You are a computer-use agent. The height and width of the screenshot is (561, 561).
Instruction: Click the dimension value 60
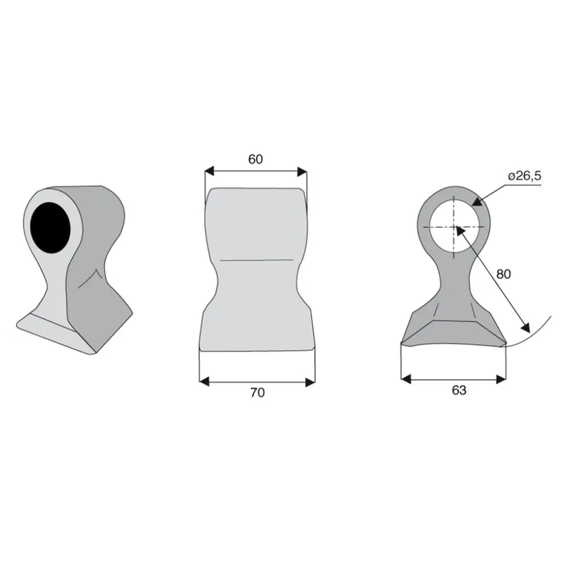pos(255,159)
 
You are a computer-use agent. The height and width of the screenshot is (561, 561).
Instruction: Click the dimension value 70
pos(257,393)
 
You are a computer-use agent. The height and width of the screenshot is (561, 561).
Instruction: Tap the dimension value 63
pos(459,390)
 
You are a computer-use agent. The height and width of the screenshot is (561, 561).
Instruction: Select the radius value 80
pos(503,274)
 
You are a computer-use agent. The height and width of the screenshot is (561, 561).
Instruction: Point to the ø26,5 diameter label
pos(525,176)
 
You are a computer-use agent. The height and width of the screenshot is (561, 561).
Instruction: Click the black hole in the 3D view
pos(50,227)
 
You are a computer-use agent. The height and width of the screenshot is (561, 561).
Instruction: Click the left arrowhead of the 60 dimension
pos(209,171)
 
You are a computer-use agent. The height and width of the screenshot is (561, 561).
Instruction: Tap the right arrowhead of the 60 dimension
pos(302,171)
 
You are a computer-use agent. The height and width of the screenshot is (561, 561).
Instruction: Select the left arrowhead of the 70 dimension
pos(204,381)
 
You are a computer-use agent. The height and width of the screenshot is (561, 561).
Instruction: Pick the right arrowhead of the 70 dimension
pos(310,381)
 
